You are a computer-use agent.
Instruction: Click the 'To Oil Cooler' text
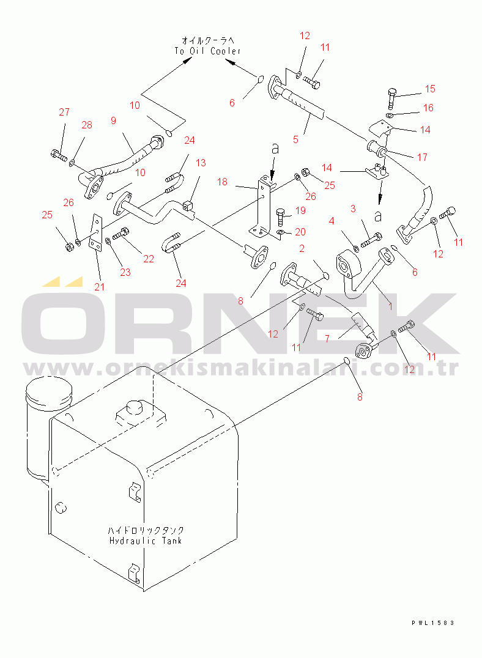click(208, 51)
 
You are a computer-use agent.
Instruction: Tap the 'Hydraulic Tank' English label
click(146, 541)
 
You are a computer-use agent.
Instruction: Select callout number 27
click(64, 112)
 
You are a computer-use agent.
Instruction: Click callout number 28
click(87, 125)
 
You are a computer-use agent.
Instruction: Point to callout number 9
click(113, 120)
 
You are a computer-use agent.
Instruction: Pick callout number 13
click(201, 163)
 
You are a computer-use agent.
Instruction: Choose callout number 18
click(222, 182)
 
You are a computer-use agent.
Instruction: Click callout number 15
click(430, 89)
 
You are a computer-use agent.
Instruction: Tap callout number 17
click(422, 157)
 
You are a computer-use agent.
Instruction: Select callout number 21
click(99, 287)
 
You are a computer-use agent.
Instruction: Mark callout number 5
click(295, 139)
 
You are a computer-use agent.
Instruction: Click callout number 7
click(327, 338)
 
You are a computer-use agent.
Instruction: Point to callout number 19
click(300, 210)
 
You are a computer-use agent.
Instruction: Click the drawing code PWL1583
click(433, 623)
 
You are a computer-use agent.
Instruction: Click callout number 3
click(353, 209)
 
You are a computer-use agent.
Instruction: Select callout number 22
click(149, 259)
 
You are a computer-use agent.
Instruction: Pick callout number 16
click(428, 108)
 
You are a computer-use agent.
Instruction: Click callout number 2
click(302, 248)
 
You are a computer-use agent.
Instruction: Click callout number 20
click(300, 232)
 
